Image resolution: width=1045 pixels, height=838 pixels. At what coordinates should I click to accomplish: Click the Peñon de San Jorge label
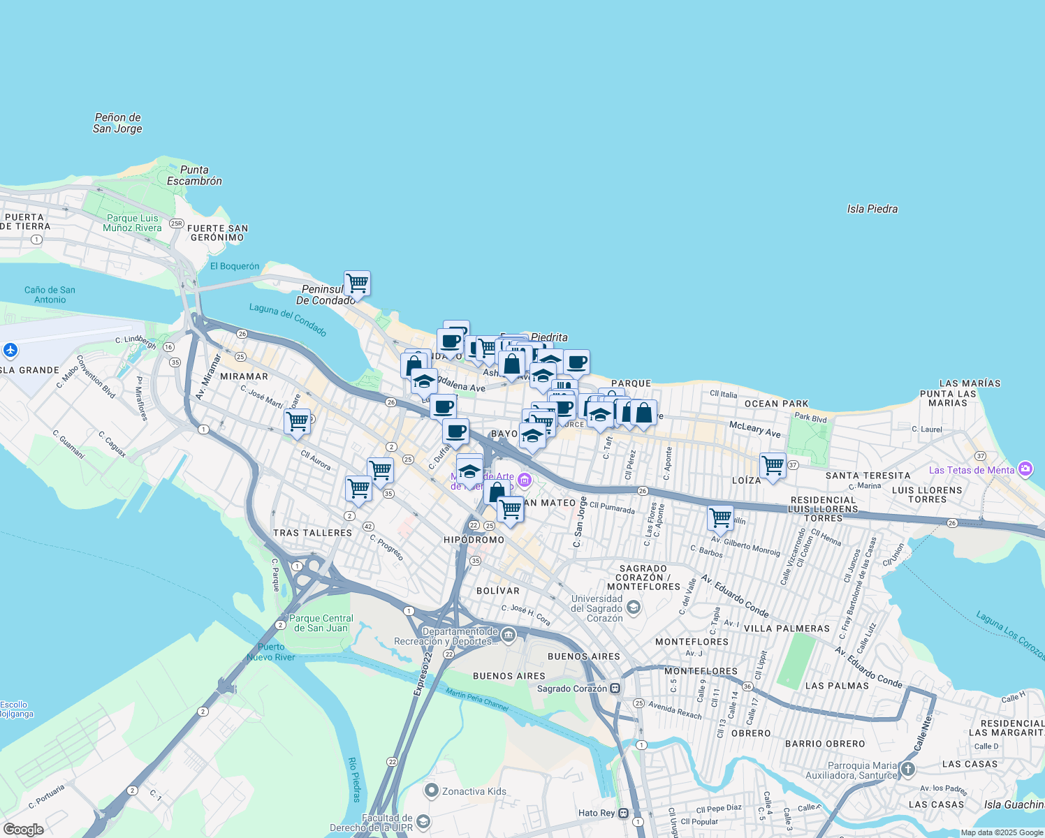coord(117,123)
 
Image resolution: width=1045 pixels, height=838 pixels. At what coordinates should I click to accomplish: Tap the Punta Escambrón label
coord(194,175)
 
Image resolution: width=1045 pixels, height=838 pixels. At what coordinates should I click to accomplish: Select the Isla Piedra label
coord(872,209)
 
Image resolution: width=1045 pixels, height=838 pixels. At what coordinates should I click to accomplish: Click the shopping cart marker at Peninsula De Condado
coord(357,284)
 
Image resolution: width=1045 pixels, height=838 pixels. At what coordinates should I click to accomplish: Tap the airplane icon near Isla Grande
coord(10,350)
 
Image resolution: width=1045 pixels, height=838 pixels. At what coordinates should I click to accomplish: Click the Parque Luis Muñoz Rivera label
coord(132,223)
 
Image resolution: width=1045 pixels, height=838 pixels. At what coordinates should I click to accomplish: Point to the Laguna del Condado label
coord(288,320)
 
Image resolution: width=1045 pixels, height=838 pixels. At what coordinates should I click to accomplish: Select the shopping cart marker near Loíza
coord(773,465)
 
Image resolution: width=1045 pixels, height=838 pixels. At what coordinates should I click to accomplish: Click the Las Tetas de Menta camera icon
coord(1025,469)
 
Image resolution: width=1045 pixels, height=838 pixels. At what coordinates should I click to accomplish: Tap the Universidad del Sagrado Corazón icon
coord(633,608)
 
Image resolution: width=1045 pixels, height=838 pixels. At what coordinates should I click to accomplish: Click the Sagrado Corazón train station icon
coord(615,689)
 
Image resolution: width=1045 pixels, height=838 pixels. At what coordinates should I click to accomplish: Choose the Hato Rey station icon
coord(623,813)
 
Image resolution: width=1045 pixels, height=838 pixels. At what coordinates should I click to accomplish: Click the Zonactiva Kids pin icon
coord(432,791)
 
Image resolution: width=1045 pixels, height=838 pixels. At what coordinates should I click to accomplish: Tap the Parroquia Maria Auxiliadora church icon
coord(907,770)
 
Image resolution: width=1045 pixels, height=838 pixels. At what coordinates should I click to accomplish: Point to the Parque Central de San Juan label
coord(321,623)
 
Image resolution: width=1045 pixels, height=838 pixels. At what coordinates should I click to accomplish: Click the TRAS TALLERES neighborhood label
coord(312,533)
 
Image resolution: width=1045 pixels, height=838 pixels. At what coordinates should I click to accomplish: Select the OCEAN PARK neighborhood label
coord(776,404)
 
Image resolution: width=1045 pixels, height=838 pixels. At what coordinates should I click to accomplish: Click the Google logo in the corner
coord(23,830)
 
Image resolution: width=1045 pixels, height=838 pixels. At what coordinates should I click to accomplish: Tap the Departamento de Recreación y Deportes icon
coord(509,635)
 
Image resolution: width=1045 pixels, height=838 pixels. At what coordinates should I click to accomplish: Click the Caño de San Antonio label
coord(50,295)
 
